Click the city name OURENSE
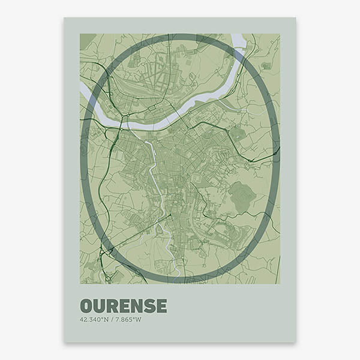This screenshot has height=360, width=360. [x=123, y=306]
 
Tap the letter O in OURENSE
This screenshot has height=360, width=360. [x=86, y=306]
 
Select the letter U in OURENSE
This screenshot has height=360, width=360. [x=100, y=306]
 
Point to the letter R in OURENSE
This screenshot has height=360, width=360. [x=112, y=306]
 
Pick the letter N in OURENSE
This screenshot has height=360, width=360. [x=136, y=306]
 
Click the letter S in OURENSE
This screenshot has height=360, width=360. [x=148, y=306]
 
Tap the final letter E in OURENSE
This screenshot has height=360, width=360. [x=161, y=306]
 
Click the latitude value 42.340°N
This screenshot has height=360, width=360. [x=92, y=319]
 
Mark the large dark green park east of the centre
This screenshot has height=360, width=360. [x=242, y=196]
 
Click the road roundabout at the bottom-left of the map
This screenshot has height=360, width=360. [x=108, y=278]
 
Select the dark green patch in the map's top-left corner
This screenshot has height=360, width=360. [x=87, y=40]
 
